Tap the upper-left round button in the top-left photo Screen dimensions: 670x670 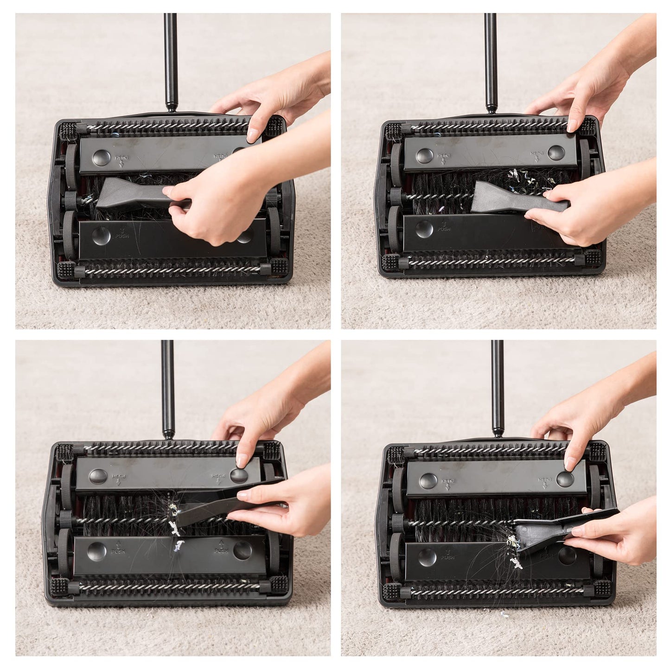[x=101, y=158]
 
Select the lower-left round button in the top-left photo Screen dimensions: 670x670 [x=101, y=236]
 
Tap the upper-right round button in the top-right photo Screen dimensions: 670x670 [x=556, y=153]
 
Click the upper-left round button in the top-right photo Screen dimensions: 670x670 [x=425, y=156]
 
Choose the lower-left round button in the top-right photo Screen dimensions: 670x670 [x=424, y=229]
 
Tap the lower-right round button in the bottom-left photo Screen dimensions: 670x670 [x=242, y=550]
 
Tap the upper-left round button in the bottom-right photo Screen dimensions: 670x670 [x=428, y=481]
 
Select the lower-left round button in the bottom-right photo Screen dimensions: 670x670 [x=427, y=556]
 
